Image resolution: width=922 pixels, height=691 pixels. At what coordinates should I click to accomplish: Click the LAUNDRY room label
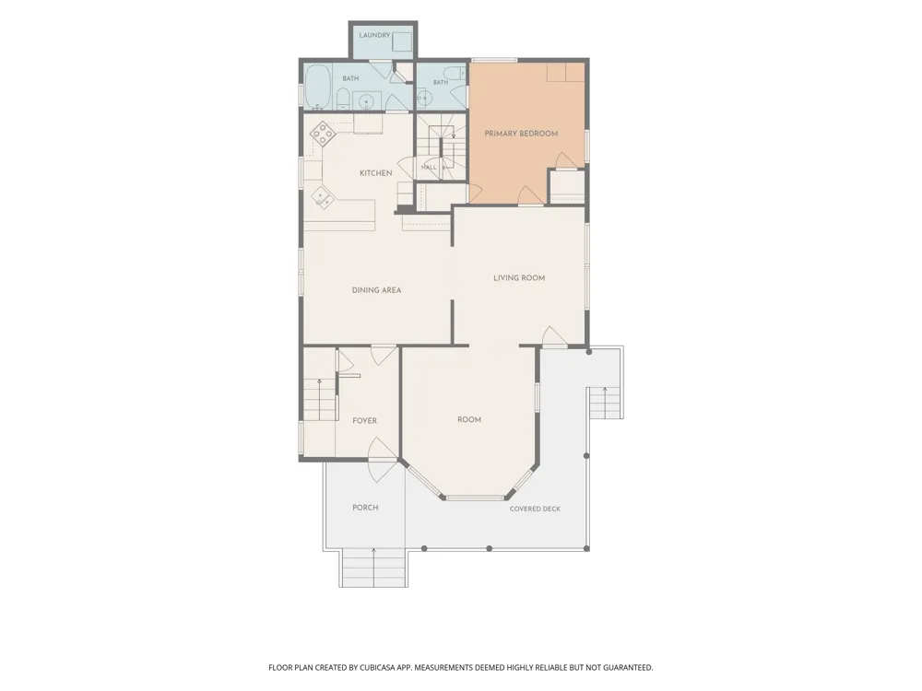point(374,35)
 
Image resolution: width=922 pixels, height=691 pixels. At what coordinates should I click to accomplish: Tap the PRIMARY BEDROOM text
point(521,134)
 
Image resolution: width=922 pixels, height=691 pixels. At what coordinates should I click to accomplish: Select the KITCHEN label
point(376,173)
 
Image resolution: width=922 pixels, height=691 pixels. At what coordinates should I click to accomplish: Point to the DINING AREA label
point(376,289)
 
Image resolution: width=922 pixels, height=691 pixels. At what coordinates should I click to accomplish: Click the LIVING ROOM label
point(519,278)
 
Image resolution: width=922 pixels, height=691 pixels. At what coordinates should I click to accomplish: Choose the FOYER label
point(364,421)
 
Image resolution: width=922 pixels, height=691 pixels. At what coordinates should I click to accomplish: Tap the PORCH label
point(365,508)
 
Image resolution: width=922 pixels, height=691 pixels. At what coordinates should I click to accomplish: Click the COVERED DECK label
point(535,509)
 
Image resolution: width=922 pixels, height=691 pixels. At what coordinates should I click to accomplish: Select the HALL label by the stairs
point(429,167)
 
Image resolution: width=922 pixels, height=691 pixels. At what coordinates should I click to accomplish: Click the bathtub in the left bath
point(317,87)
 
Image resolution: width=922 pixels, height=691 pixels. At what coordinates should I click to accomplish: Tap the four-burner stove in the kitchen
point(322,134)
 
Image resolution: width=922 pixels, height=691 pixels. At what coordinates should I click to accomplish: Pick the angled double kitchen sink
point(322,198)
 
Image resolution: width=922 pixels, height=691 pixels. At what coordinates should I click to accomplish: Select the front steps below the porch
point(374,568)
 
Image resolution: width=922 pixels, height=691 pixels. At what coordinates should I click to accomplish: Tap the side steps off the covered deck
point(606,403)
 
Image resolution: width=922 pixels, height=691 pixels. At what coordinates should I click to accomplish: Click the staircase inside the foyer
point(321,399)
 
